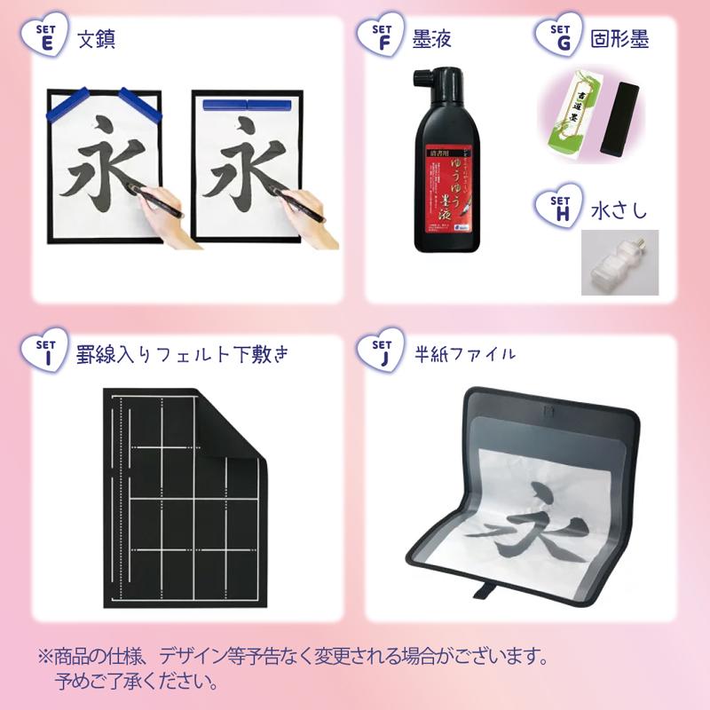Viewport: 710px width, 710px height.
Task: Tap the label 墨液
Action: coord(431,41)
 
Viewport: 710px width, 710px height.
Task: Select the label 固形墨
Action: coord(619,41)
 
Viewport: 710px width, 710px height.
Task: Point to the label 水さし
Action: coord(619,213)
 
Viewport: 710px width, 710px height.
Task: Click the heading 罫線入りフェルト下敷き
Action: coord(181,355)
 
